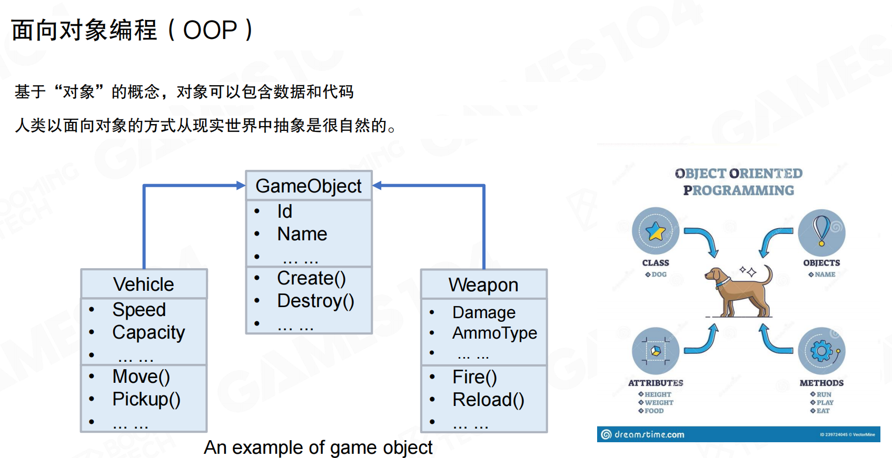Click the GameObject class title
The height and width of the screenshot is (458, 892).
coord(309,186)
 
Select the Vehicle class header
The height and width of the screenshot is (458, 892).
coord(144,284)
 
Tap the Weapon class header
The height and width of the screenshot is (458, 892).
coord(483,285)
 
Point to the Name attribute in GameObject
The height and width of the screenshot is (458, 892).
coord(302,234)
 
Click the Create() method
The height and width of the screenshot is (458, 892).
coord(311,278)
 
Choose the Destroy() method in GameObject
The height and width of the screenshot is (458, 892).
coord(315,301)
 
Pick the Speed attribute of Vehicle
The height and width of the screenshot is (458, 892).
coord(139,310)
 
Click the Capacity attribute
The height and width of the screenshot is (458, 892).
coord(148,332)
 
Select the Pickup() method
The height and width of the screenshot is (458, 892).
coord(146,399)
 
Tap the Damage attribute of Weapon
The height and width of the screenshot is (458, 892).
coord(484,312)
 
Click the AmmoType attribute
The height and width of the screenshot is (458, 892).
coord(494,333)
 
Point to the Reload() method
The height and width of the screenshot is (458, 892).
coord(488,400)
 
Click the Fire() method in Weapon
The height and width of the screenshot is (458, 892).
coord(474,377)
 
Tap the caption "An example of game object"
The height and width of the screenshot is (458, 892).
coord(318,447)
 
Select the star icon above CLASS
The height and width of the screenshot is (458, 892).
coord(656,231)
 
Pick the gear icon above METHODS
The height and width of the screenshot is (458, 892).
coord(821,351)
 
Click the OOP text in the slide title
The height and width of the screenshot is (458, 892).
coord(210,30)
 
